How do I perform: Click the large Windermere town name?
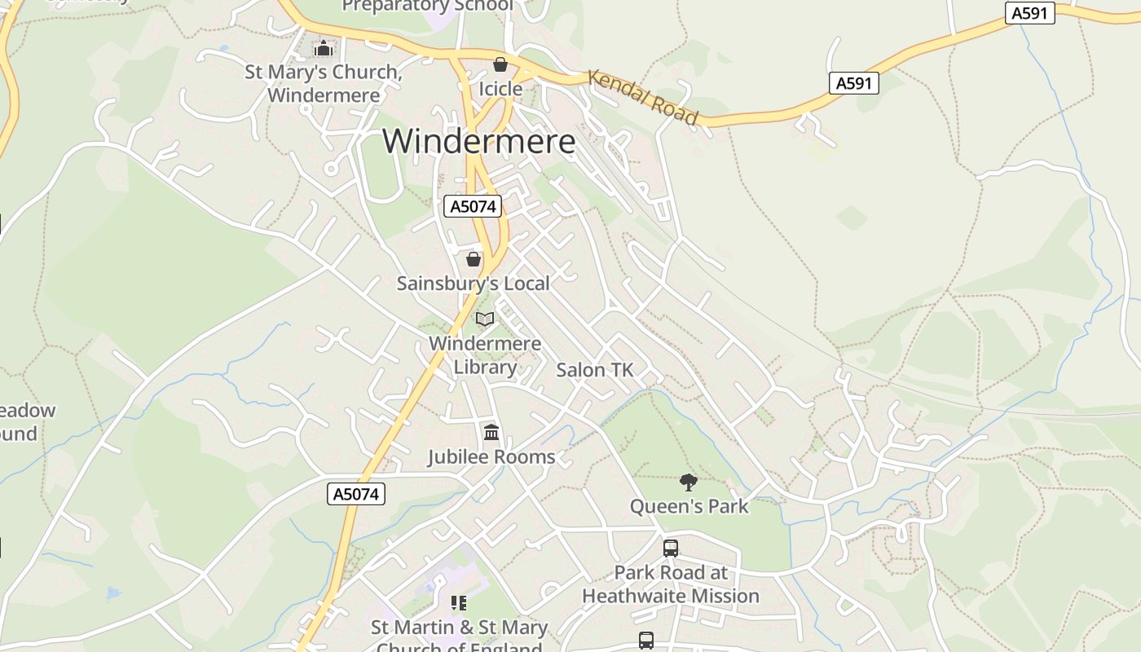pos(478,141)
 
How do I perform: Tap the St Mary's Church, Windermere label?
pos(324,83)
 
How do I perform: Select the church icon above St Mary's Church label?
pos(324,49)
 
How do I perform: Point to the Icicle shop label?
pos(500,89)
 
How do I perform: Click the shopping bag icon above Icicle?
pos(500,64)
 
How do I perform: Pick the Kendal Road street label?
pos(643,98)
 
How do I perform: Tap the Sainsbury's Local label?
pos(473,284)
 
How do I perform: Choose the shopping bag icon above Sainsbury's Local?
pos(473,259)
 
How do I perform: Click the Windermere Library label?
pos(485,355)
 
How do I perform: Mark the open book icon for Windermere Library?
pos(485,319)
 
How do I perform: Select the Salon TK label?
pos(594,370)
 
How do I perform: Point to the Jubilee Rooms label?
pos(491,457)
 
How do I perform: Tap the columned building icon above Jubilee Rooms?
pos(491,432)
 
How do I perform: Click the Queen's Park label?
pos(689,506)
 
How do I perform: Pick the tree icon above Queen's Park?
pos(689,482)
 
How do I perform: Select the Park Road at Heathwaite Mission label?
pos(671,584)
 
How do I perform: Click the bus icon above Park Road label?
pos(671,548)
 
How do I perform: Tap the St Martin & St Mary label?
pos(459,628)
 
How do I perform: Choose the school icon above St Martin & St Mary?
pos(459,603)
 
